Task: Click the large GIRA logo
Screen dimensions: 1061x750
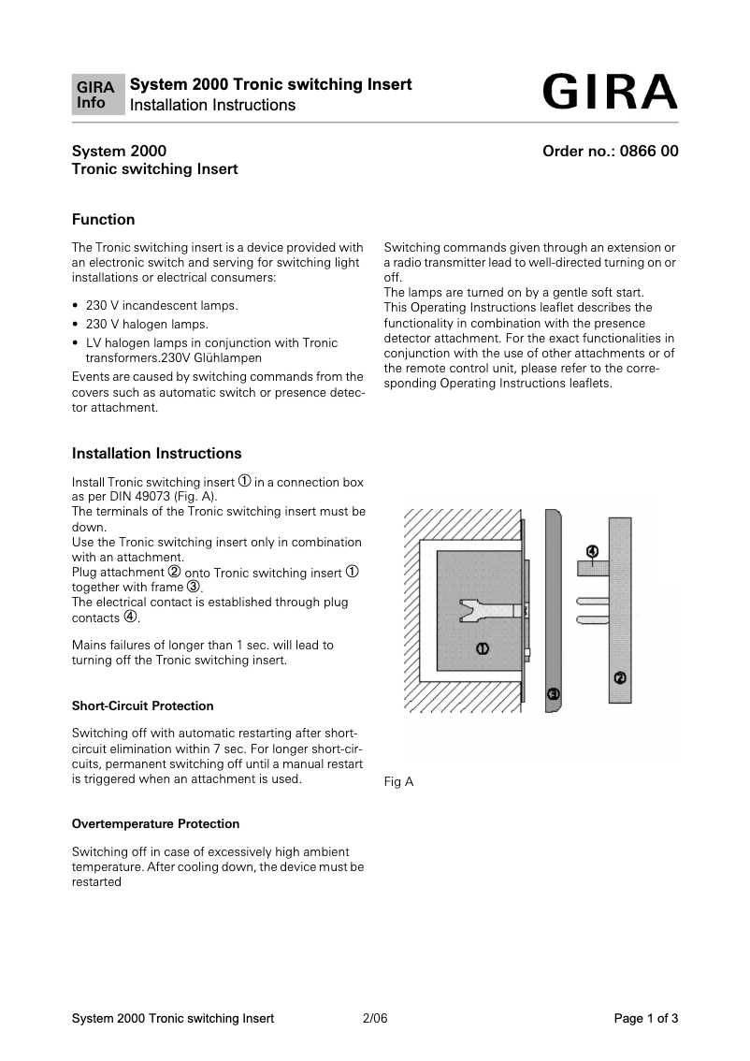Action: coord(608,93)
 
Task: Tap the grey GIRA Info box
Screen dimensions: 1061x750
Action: coord(97,94)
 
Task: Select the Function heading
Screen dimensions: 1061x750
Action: coord(103,220)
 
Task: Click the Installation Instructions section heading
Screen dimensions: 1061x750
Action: coord(156,454)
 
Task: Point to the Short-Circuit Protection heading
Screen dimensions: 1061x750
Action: coord(142,705)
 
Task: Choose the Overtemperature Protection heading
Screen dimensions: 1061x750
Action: coord(155,823)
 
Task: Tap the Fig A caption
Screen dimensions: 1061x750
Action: coord(398,781)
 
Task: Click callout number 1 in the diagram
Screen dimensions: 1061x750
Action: coord(482,647)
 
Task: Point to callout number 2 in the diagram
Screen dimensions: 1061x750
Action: coord(619,677)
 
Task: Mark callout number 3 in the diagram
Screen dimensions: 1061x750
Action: coord(553,693)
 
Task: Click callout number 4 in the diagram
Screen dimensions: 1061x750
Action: coord(592,552)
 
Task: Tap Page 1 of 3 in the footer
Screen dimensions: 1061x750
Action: coord(645,1019)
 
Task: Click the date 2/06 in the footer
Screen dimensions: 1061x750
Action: coord(374,1019)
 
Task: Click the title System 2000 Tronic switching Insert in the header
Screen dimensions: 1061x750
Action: coord(270,84)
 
